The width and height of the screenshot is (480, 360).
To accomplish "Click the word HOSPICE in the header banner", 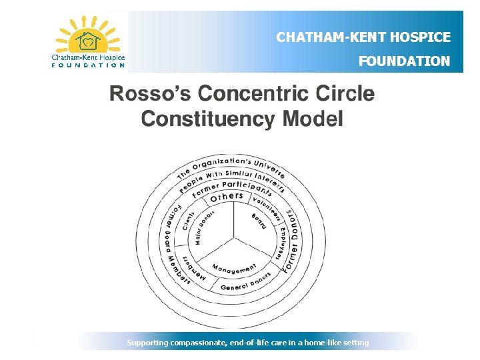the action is (421, 37).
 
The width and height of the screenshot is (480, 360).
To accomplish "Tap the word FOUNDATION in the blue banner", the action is (404, 61).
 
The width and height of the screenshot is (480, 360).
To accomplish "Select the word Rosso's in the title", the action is (149, 93).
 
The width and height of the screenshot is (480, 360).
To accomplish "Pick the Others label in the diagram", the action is (227, 196).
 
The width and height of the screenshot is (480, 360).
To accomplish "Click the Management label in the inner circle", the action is (234, 268).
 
